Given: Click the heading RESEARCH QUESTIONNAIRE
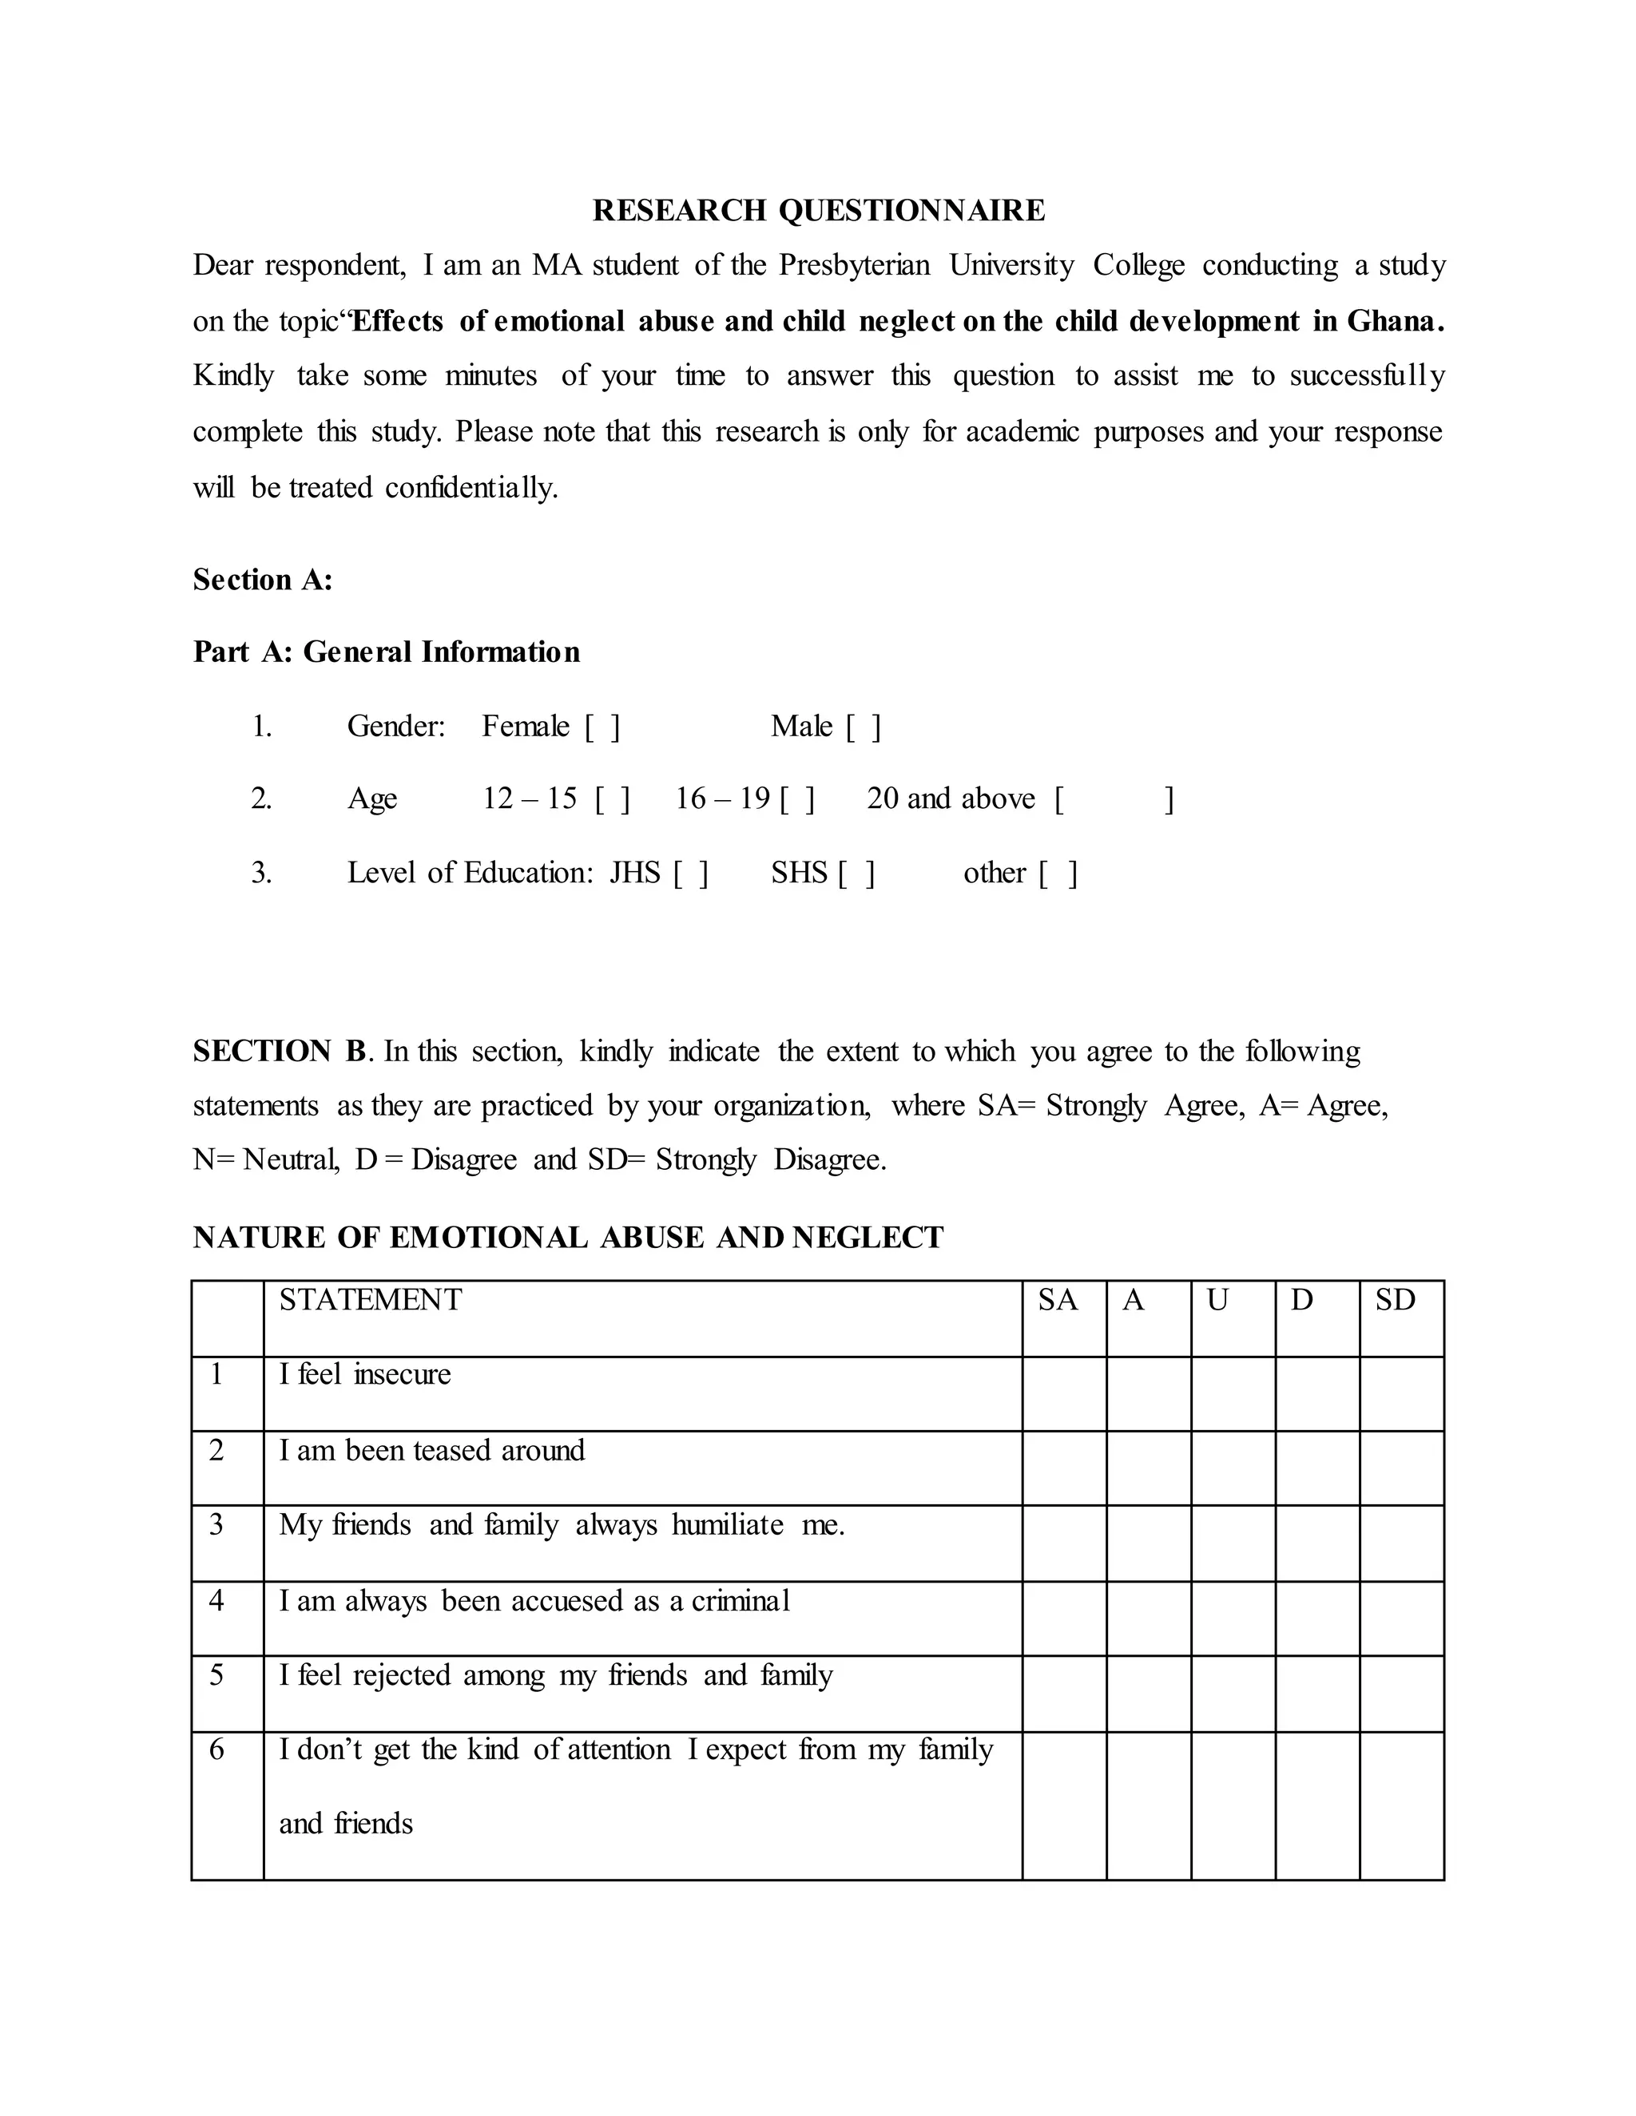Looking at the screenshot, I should click(x=818, y=210).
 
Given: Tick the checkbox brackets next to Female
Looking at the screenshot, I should click(x=602, y=727).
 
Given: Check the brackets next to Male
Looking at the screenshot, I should click(x=863, y=727).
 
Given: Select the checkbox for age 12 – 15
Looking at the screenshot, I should click(x=613, y=799).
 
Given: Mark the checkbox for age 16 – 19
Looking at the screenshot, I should click(x=796, y=799).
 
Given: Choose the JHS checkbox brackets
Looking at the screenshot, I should click(x=690, y=874).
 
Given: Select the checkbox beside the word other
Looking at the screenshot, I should click(x=1058, y=874).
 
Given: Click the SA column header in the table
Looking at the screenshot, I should click(x=1058, y=1300).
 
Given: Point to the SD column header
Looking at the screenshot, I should click(x=1395, y=1300).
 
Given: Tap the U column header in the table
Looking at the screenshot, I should click(x=1217, y=1300).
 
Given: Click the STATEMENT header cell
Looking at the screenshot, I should click(x=370, y=1300).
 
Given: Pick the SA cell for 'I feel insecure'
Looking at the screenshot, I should click(x=1063, y=1393).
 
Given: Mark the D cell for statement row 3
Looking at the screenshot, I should click(x=1316, y=1543).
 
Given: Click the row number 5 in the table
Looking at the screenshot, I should click(x=216, y=1675).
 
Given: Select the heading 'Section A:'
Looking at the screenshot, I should click(x=263, y=580).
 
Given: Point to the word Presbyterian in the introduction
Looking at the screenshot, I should click(x=854, y=265).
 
